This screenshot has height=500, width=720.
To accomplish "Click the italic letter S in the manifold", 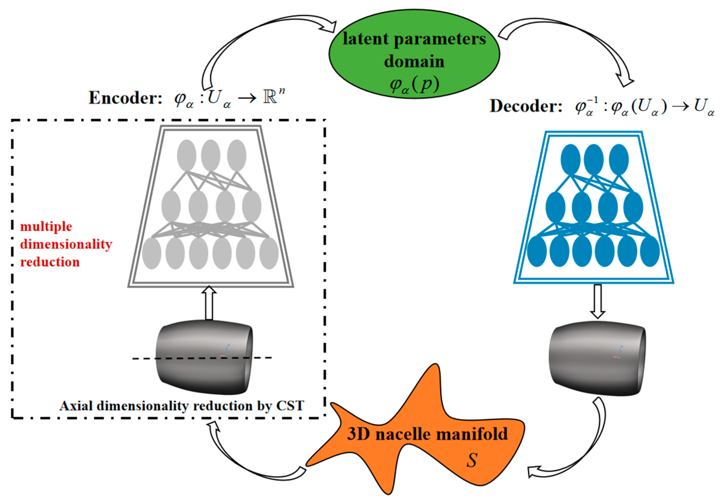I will click(472, 460).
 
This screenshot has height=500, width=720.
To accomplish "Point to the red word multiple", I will click(46, 226).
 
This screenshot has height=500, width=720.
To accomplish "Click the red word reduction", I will click(50, 262).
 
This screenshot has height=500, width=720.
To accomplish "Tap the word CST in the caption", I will click(290, 406).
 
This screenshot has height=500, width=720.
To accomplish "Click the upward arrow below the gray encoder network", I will click(209, 303).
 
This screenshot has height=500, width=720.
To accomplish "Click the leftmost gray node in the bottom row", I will click(152, 253).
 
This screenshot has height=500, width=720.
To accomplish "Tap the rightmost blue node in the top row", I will click(619, 159).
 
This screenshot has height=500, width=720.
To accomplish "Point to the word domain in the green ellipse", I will click(414, 61).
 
